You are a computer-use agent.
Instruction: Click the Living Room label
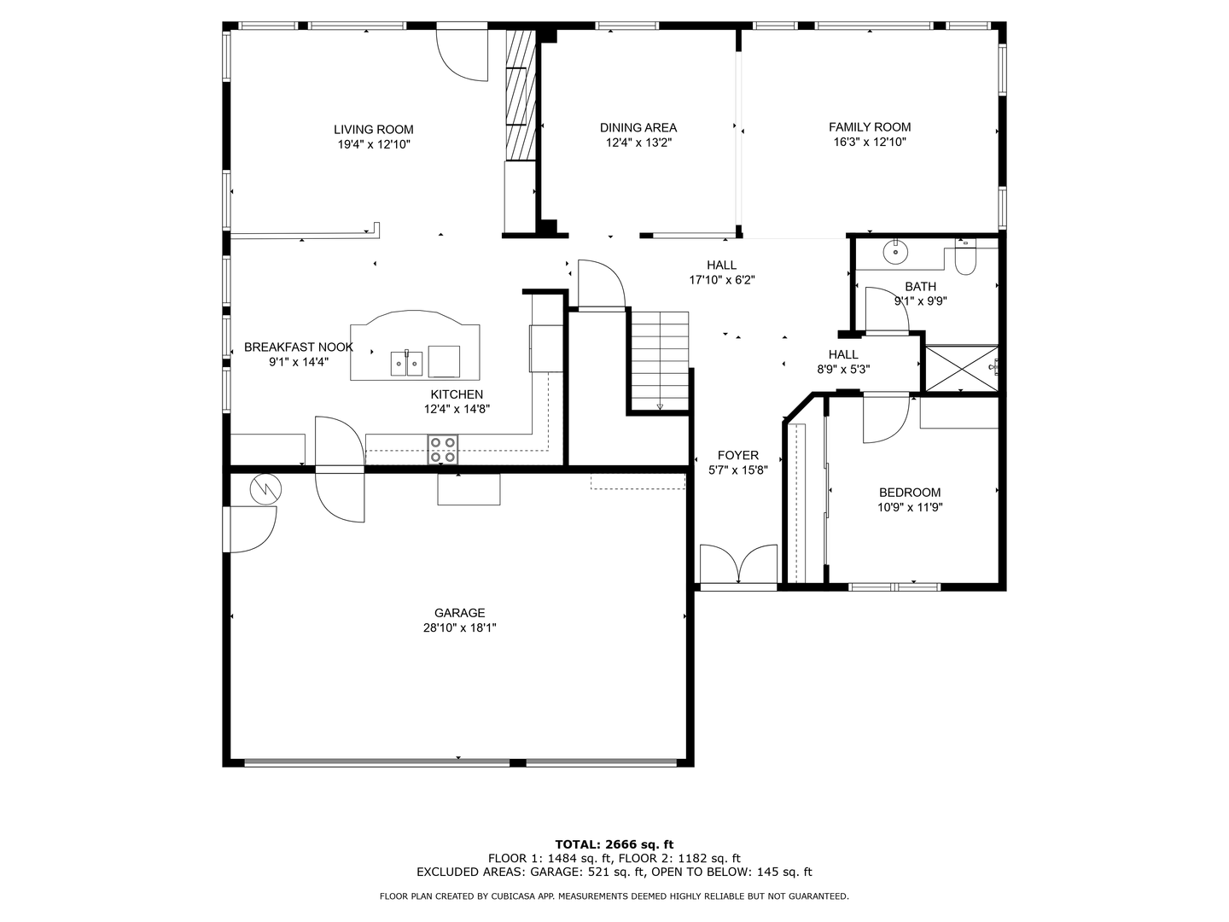(374, 130)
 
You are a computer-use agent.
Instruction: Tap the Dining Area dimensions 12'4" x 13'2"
(638, 143)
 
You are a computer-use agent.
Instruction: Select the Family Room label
(870, 127)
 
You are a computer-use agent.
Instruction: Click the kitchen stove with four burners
(442, 450)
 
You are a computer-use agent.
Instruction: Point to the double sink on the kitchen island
(406, 364)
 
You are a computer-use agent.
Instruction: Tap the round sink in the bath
(895, 252)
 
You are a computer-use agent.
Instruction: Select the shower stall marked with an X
(961, 368)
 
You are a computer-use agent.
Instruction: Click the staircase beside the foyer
(660, 361)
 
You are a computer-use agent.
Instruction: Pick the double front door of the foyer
(738, 564)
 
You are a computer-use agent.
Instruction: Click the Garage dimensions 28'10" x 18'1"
(460, 628)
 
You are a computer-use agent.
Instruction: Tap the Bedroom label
(910, 493)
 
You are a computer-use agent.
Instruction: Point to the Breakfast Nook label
(299, 347)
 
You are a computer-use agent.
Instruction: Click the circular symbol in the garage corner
(265, 488)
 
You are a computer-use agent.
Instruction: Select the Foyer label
(738, 456)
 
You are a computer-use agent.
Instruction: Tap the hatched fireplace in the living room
(521, 95)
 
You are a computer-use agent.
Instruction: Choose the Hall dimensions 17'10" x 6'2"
(722, 280)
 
